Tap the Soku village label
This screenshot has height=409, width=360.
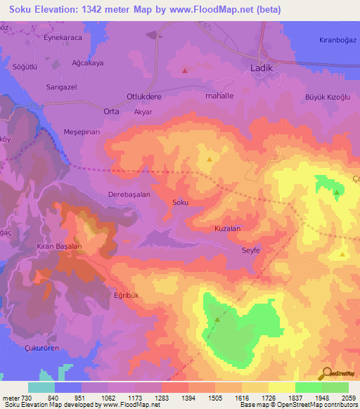tap(181, 202)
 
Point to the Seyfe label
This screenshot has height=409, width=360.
tap(251, 249)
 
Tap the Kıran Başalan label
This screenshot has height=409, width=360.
tap(60, 247)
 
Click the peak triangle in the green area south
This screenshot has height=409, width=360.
tap(217, 319)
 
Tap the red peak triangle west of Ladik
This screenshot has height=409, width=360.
tap(185, 70)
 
